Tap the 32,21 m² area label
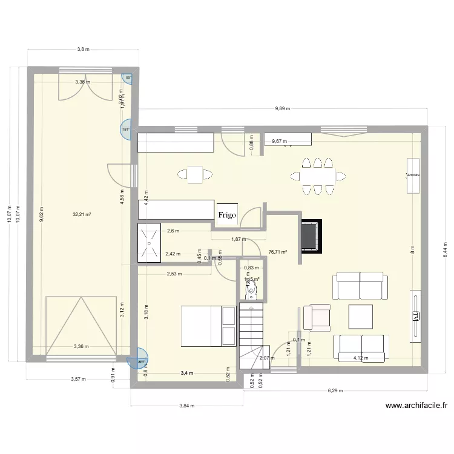82,214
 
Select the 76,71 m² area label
277,252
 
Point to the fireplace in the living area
309,235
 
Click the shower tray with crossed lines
149,243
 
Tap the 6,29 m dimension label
334,390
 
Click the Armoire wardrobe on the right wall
413,176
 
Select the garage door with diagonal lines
81,325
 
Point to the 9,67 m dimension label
280,142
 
